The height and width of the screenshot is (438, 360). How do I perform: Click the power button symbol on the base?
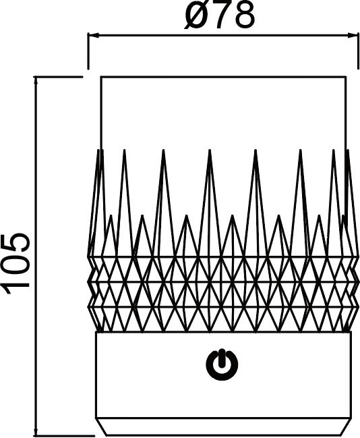tap(222, 364)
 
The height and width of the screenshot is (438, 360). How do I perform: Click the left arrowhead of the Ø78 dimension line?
tap(94, 36)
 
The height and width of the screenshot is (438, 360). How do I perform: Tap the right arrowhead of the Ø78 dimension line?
tap(352, 36)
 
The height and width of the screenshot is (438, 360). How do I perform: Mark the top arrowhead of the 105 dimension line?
tap(36, 82)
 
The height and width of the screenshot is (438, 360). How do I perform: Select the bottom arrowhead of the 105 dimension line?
tap(36, 430)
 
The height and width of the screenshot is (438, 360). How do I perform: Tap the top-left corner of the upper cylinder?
tap(101, 76)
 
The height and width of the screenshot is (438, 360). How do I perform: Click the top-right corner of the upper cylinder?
tap(347, 76)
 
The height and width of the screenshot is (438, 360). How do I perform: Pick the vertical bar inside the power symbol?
tap(222, 358)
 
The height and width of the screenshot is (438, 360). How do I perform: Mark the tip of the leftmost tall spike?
tap(98, 150)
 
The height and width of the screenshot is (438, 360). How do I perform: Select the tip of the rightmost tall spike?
tap(348, 150)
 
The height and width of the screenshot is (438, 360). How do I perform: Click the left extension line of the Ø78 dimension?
tap(88, 51)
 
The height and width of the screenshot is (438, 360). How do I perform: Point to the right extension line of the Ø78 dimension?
tap(358, 51)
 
